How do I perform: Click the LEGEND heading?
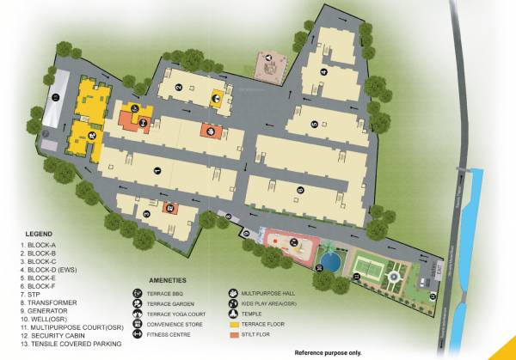(x=39, y=234)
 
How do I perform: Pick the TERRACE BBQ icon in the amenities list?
(x=137, y=293)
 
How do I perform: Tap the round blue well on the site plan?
(x=328, y=257)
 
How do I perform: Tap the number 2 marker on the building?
(x=178, y=87)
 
